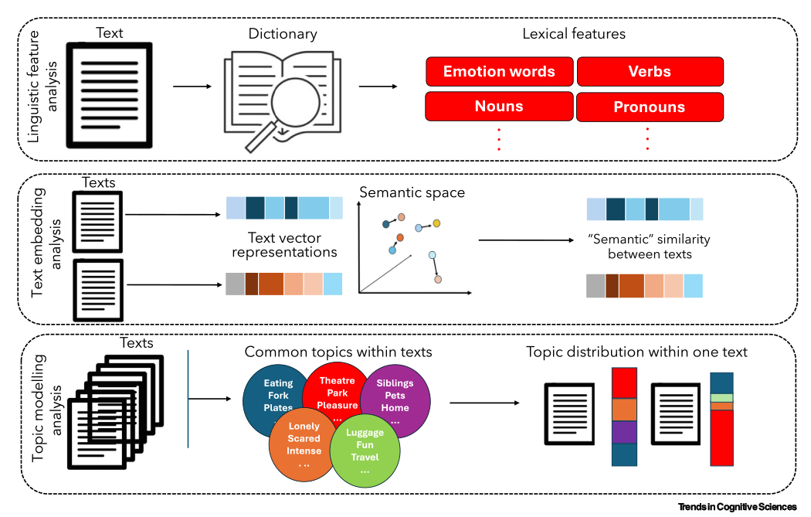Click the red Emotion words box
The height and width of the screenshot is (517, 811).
499,72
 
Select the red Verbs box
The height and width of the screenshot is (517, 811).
650,72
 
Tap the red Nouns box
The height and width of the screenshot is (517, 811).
499,107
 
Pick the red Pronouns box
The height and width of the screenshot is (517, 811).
650,107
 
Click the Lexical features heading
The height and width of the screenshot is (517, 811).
574,34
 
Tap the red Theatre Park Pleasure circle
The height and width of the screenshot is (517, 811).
337,391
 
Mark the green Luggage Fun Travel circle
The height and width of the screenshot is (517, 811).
365,450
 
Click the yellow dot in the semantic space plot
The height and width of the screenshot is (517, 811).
436,223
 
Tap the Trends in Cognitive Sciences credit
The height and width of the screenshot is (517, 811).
737,507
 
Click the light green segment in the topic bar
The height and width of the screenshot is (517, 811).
721,398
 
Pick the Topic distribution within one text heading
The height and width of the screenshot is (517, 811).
636,352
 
